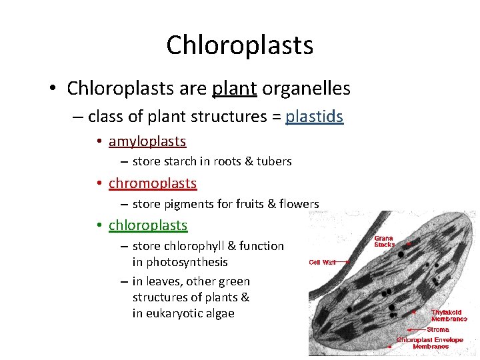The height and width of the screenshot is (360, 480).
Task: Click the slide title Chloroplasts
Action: click(x=239, y=45)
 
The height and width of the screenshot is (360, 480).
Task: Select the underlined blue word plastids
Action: click(x=314, y=117)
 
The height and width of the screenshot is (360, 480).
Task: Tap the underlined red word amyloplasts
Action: click(x=147, y=141)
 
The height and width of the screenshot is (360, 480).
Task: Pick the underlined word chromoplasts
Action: click(x=153, y=183)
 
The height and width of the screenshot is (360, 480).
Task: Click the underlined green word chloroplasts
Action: click(x=148, y=225)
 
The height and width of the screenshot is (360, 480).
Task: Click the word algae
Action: click(x=220, y=313)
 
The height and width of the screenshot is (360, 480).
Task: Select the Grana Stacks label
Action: click(x=383, y=241)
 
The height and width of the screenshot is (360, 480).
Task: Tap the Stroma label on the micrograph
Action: click(x=438, y=329)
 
